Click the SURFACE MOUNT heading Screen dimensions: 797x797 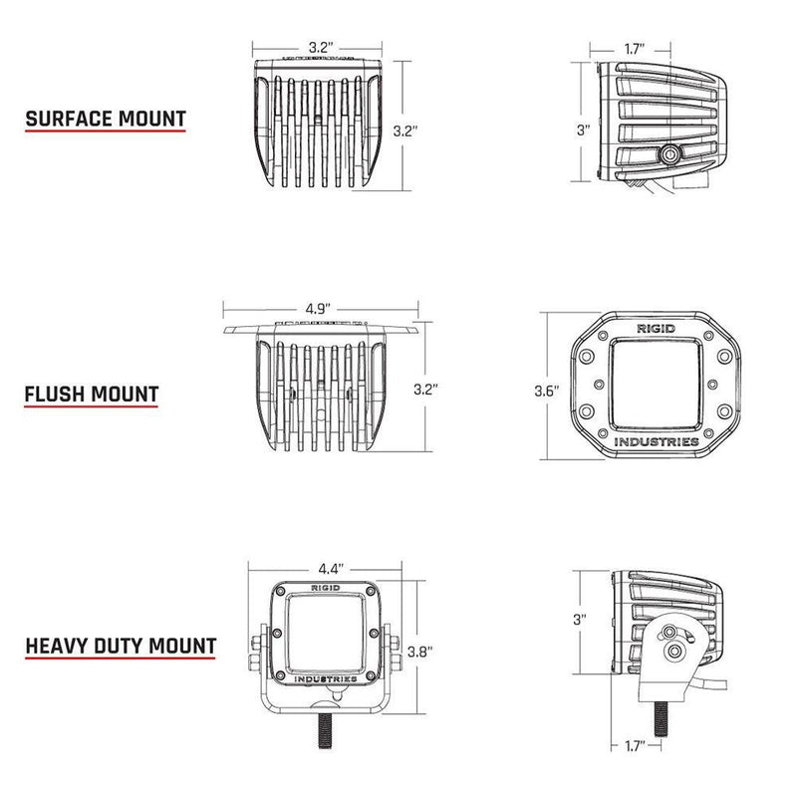(x=106, y=119)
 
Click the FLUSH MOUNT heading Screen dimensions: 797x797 (x=92, y=393)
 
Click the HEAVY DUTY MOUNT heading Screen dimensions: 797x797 (x=121, y=646)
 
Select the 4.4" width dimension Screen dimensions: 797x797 (x=332, y=569)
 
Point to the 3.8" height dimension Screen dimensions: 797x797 (x=420, y=652)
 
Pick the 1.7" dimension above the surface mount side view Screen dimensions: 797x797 (x=633, y=47)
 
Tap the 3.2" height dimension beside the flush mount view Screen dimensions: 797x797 (x=425, y=387)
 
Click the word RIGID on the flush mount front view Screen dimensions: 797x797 (x=656, y=328)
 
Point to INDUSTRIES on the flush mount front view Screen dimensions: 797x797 (x=656, y=441)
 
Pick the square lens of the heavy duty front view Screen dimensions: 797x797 (x=320, y=634)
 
